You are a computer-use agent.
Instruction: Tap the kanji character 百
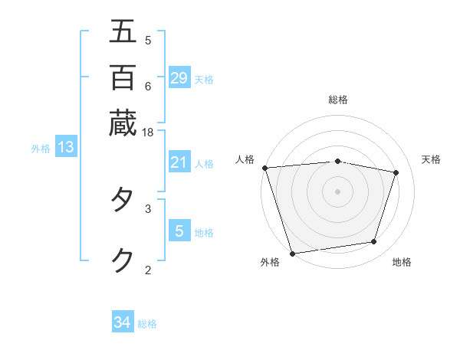coord(123,77)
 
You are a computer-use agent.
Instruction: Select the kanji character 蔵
coord(123,123)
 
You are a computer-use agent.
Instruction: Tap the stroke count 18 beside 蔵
coord(148,133)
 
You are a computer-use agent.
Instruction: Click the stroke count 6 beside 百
coord(148,86)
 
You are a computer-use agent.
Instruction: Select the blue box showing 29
coord(179,77)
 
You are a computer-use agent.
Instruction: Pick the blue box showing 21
coord(179,162)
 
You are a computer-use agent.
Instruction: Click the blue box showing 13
coord(66,147)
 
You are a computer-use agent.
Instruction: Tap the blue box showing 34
coord(123,322)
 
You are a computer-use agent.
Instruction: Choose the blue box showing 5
coord(179,231)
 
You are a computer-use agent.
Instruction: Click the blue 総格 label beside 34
coord(147,324)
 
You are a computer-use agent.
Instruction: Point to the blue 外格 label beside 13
coord(41,149)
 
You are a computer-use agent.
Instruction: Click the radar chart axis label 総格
coord(338,100)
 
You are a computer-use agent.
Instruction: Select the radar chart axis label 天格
coord(432,159)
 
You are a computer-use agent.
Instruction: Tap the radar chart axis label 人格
coord(245,159)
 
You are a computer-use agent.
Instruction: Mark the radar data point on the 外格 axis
coord(292,253)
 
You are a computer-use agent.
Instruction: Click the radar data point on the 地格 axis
coord(374,242)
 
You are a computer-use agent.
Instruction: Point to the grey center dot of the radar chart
coord(338,191)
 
